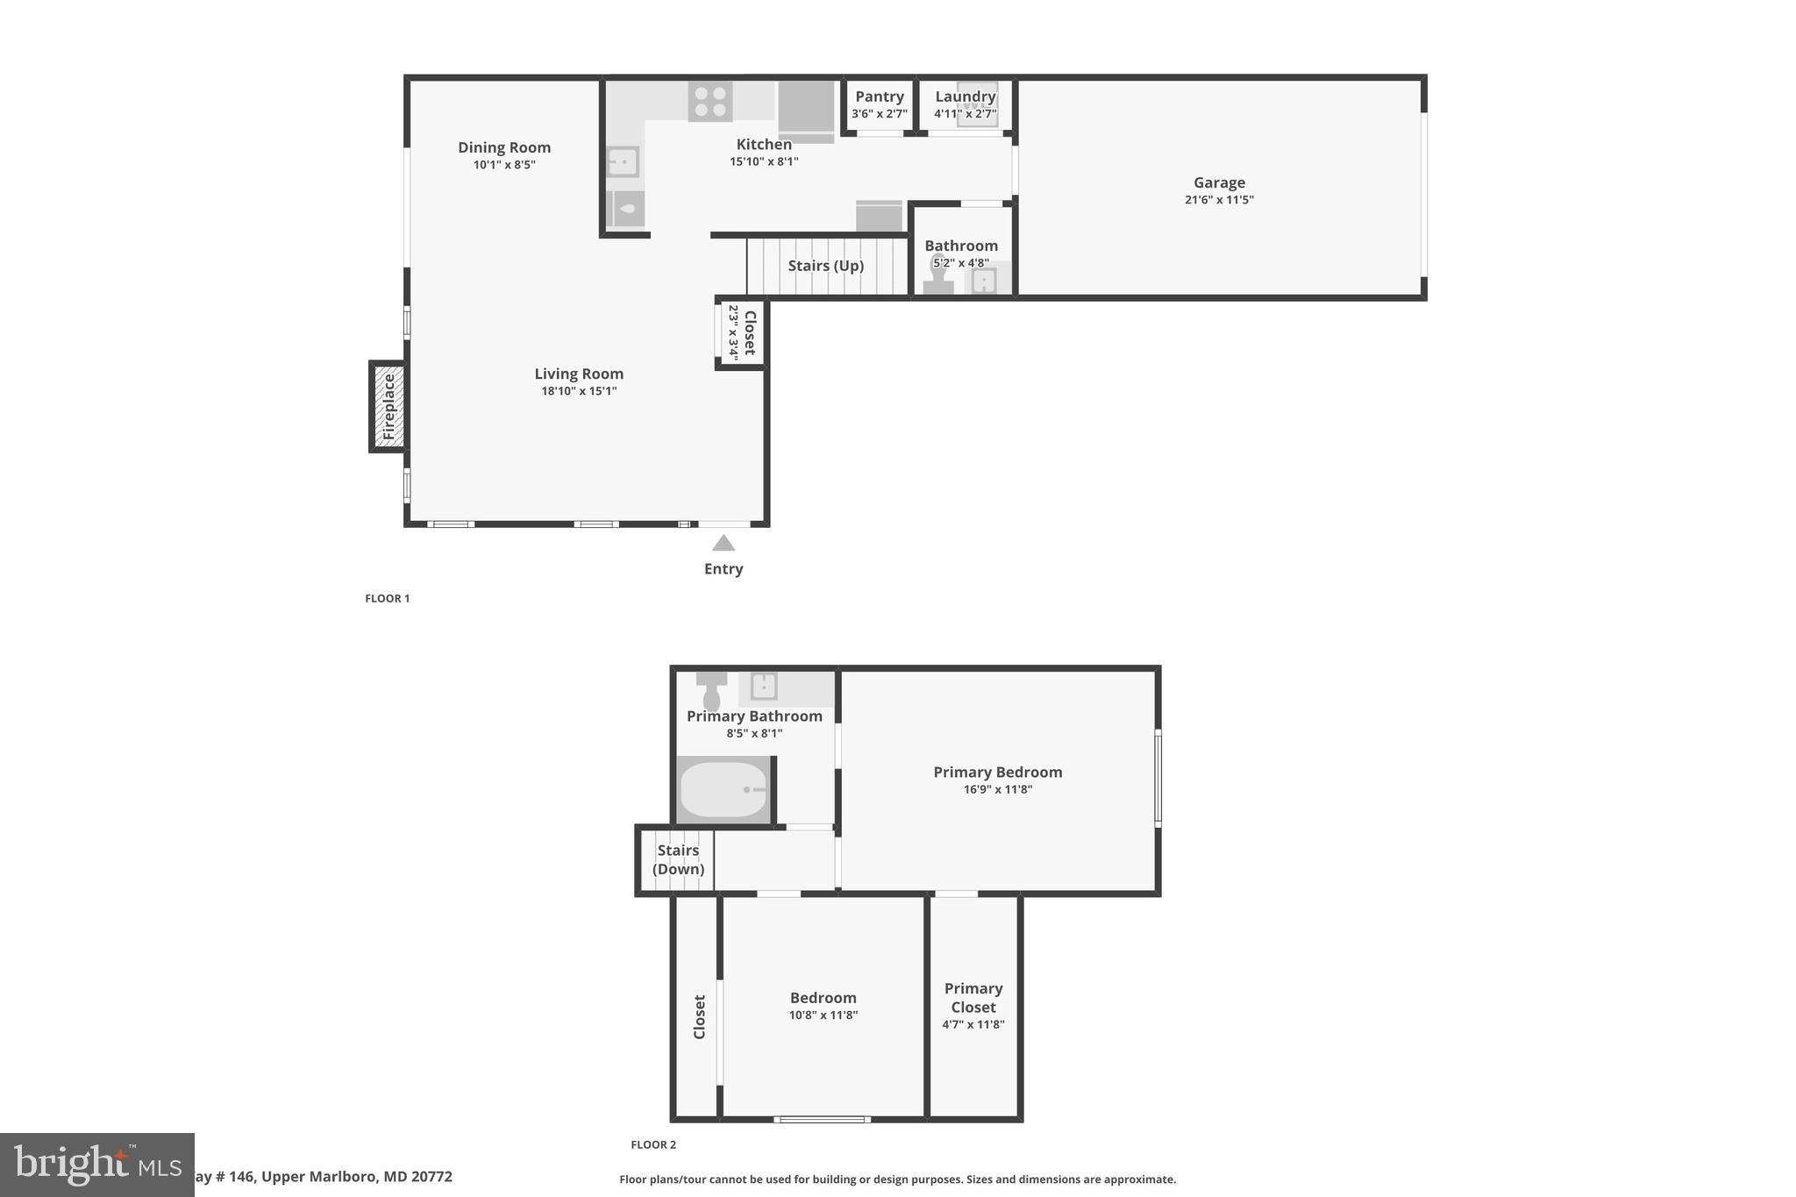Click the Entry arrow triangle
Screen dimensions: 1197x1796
click(723, 544)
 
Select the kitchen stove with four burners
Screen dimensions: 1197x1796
click(710, 101)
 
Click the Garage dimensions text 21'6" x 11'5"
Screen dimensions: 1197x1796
click(1219, 200)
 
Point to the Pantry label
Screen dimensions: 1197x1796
click(880, 96)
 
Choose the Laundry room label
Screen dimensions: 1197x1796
click(965, 96)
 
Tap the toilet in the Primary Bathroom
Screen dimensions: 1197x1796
click(711, 691)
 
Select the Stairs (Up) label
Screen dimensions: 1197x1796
click(825, 266)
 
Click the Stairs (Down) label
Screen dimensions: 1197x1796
click(678, 859)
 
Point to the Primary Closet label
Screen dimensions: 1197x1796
click(973, 998)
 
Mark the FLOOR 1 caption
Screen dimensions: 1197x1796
click(388, 598)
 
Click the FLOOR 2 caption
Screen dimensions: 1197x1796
click(653, 1144)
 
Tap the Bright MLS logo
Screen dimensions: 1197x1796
click(96, 1165)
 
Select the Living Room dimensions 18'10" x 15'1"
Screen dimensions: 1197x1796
click(579, 391)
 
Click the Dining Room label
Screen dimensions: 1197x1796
click(504, 147)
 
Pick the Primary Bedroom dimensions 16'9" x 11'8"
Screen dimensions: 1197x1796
click(998, 789)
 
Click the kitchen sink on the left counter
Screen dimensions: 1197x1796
click(623, 162)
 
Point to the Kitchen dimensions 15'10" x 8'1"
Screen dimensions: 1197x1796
click(764, 161)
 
